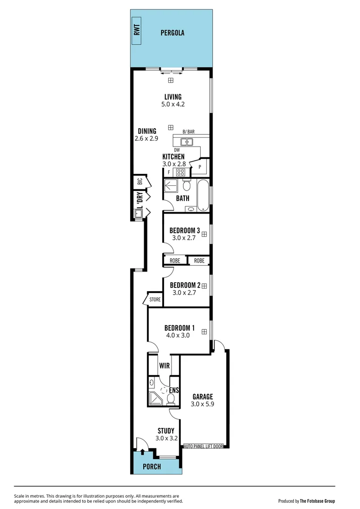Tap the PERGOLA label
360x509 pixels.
click(172, 33)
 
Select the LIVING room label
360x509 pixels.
click(172, 97)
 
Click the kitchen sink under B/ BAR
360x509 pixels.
click(187, 141)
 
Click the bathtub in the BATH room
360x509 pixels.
click(203, 195)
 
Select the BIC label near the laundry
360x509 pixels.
click(139, 181)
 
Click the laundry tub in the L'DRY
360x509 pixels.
click(139, 214)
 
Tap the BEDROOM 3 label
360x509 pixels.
click(185, 230)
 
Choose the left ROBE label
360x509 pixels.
click(175, 261)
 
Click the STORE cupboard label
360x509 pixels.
click(155, 299)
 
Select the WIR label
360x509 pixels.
click(164, 365)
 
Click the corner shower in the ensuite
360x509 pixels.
click(155, 399)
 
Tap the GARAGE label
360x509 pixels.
click(202, 397)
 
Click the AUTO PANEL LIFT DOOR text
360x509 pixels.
click(203, 446)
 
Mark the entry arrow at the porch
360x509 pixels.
click(142, 452)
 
